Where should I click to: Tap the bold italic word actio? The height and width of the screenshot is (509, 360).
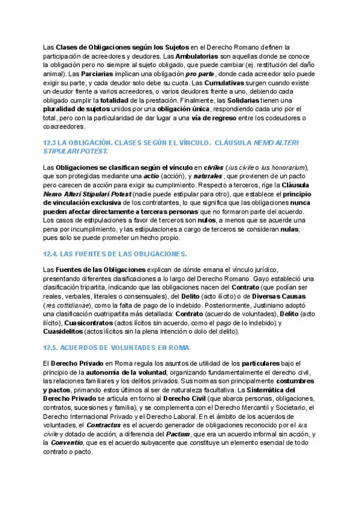[151, 175]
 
